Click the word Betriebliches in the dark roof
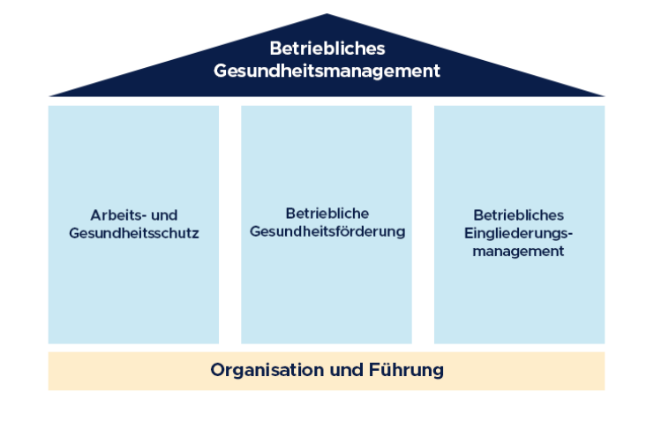tap(327, 49)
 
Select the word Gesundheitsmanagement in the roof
tap(327, 71)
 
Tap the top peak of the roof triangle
tap(327, 16)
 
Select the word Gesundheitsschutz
tap(133, 234)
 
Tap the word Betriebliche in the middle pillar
tap(327, 214)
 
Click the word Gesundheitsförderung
tap(327, 232)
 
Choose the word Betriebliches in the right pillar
tap(518, 215)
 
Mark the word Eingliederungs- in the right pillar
tap(518, 233)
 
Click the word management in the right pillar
tap(518, 252)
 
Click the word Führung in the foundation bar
tap(405, 370)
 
